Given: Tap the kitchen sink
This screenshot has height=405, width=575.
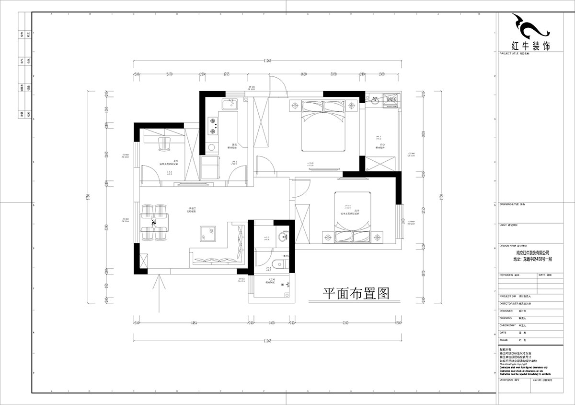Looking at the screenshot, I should [x=230, y=104].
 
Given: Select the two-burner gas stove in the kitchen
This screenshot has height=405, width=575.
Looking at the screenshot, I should [x=212, y=126].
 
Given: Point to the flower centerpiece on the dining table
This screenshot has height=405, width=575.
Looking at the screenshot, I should [x=154, y=223].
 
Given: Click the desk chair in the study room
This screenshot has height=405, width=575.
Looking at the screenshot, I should [x=165, y=143].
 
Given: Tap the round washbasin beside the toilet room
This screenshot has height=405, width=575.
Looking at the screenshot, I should [x=285, y=237].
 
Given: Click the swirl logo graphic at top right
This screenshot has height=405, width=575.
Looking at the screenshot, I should [x=530, y=26].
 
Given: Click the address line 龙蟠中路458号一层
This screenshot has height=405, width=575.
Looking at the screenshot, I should [x=532, y=258].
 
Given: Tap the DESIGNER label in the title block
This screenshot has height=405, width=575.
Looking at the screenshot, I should [x=506, y=310].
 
